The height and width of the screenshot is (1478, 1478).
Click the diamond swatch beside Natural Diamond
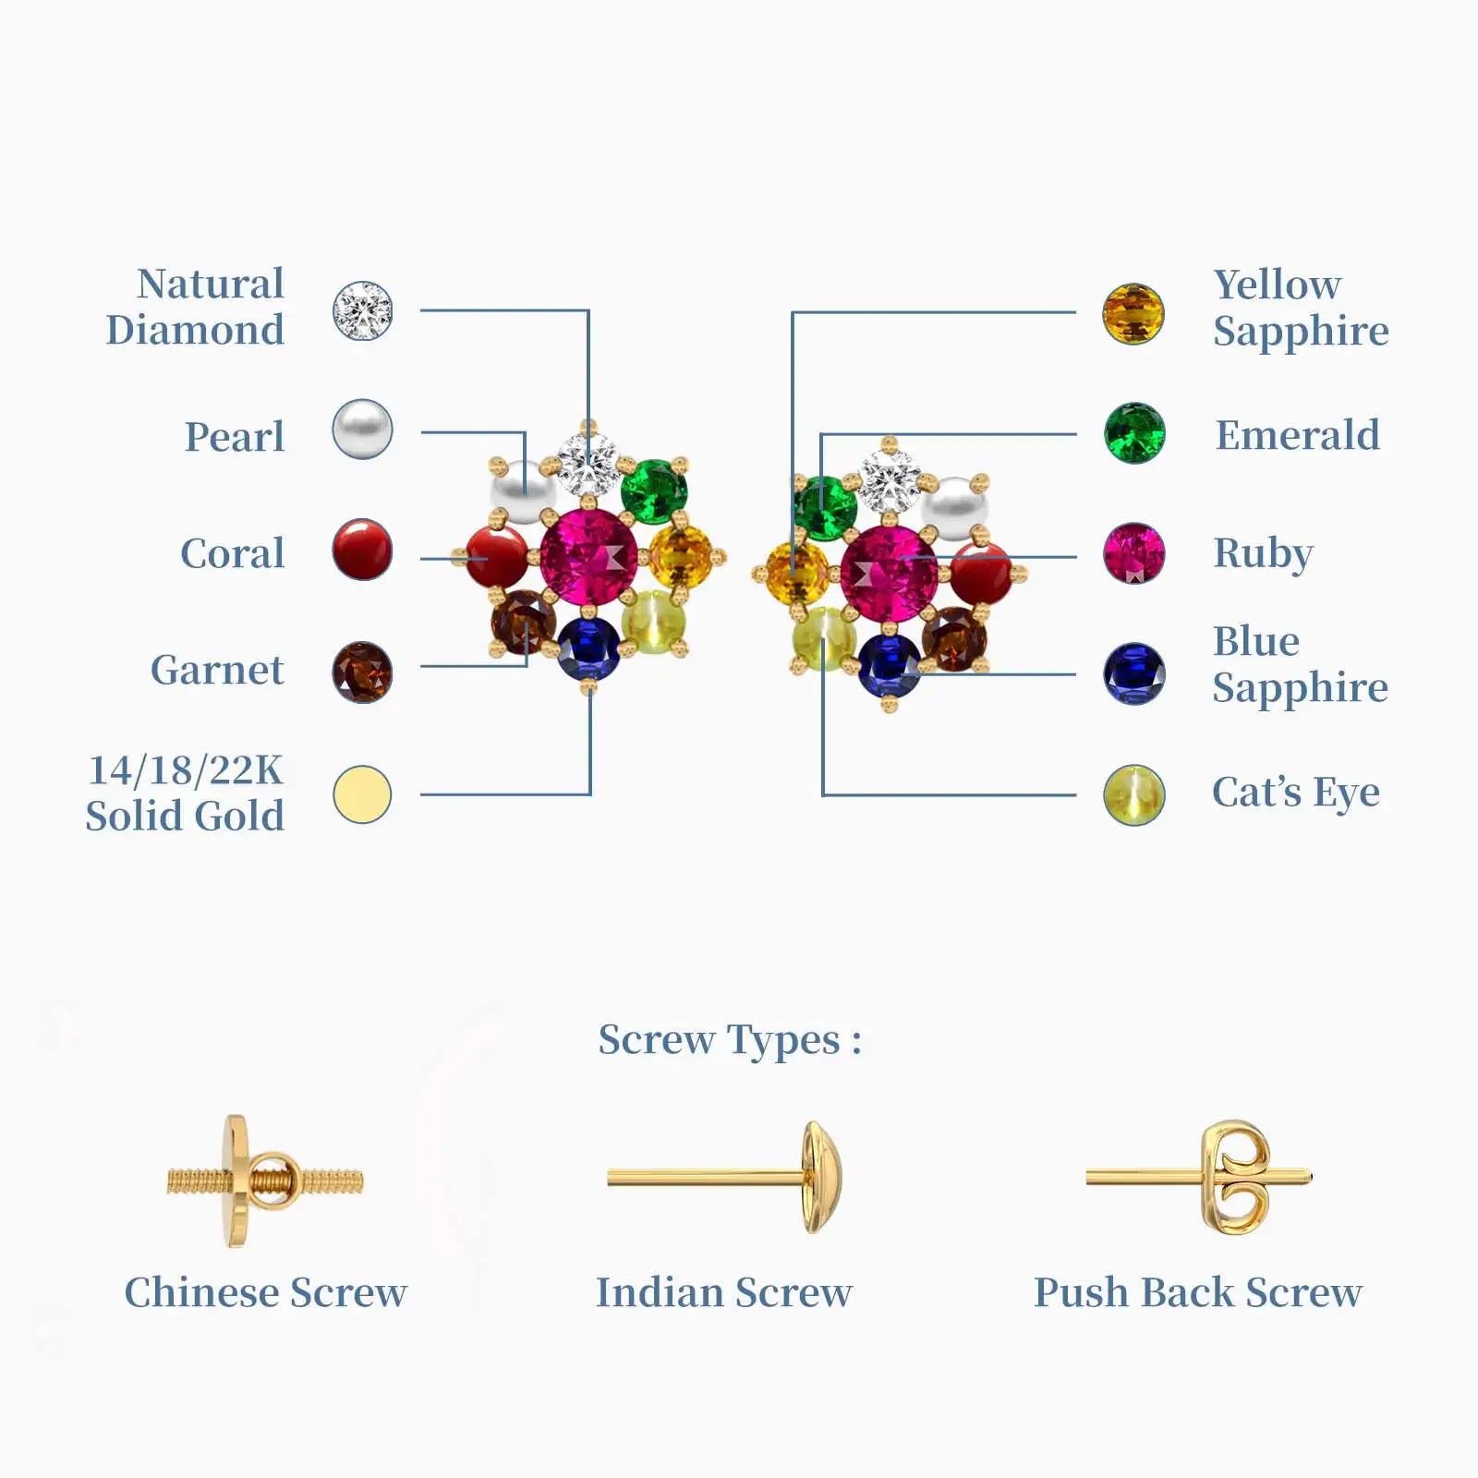362,311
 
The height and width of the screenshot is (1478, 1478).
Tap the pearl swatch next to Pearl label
362,430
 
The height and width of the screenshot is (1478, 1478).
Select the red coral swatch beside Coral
362,550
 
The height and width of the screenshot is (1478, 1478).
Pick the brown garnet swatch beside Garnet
362,672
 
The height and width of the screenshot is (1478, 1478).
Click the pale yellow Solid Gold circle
362,794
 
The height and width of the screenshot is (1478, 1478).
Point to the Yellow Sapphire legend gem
1133,314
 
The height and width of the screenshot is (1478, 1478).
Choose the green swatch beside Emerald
1134,433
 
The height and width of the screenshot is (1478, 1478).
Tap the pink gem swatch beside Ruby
1134,553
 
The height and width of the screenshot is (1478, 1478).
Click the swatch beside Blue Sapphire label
1134,673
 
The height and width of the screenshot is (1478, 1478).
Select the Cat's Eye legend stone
1134,794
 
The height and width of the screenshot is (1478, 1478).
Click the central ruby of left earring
588,557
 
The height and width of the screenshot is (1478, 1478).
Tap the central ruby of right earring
889,574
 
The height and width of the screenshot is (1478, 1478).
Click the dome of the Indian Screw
820,1177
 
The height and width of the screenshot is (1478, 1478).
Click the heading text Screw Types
729,1040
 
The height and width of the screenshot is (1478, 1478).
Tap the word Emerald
1297,435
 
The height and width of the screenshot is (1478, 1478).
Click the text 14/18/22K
185,770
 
